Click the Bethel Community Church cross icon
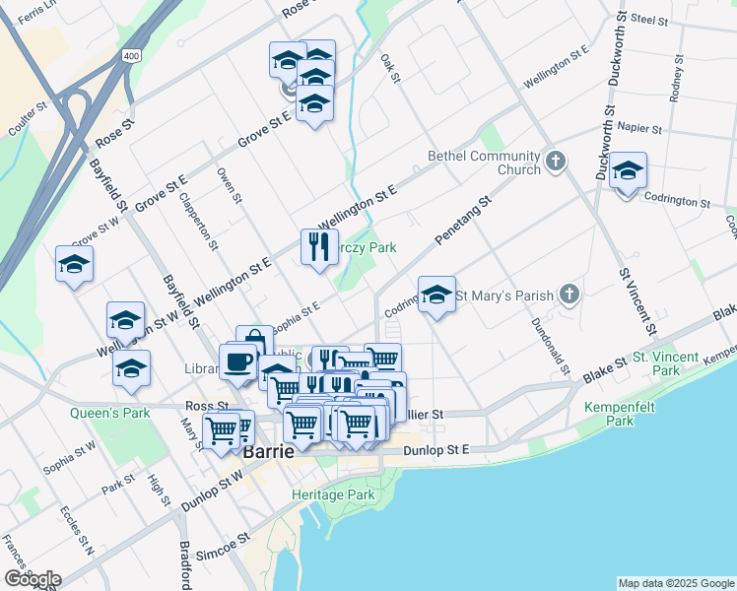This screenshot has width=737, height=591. [x=556, y=160]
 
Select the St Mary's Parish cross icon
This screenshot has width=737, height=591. [x=569, y=294]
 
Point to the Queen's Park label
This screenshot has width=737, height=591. [x=110, y=413]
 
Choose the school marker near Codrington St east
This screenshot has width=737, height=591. [x=628, y=172]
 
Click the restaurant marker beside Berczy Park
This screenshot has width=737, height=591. [x=318, y=246]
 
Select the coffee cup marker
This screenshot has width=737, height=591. [x=237, y=361]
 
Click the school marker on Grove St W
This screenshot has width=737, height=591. [x=75, y=264]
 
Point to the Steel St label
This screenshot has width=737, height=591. [x=650, y=19]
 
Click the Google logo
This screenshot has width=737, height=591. [x=32, y=578]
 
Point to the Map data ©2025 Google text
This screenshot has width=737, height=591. [x=676, y=583]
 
